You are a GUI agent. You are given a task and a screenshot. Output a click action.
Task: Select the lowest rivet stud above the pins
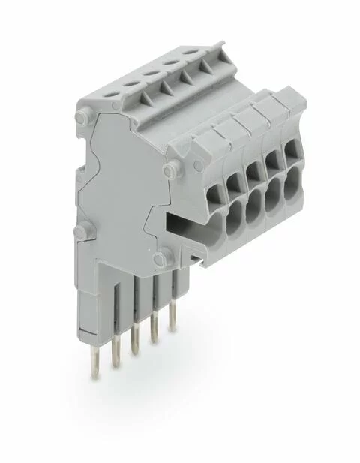tap(158, 260)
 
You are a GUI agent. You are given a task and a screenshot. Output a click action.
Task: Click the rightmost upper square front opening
tap(290, 149)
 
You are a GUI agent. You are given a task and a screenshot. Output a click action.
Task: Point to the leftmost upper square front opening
tap(212, 191)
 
